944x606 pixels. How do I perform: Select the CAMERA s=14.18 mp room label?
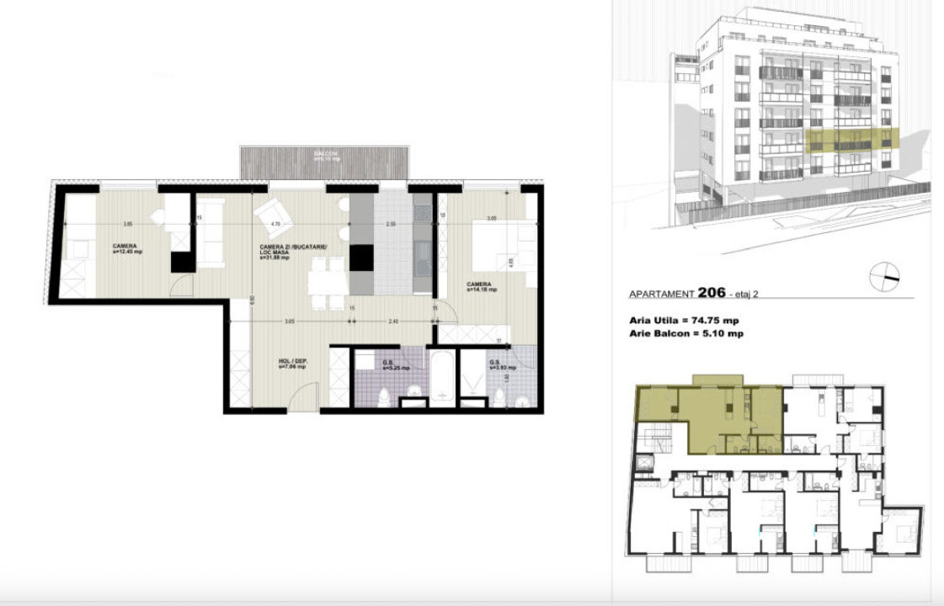(481, 287)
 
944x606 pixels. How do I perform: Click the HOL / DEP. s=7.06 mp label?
(292, 364)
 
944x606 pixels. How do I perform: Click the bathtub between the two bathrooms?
(441, 375)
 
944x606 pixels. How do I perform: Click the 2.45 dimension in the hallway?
(392, 321)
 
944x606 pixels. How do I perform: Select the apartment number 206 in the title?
(712, 293)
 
